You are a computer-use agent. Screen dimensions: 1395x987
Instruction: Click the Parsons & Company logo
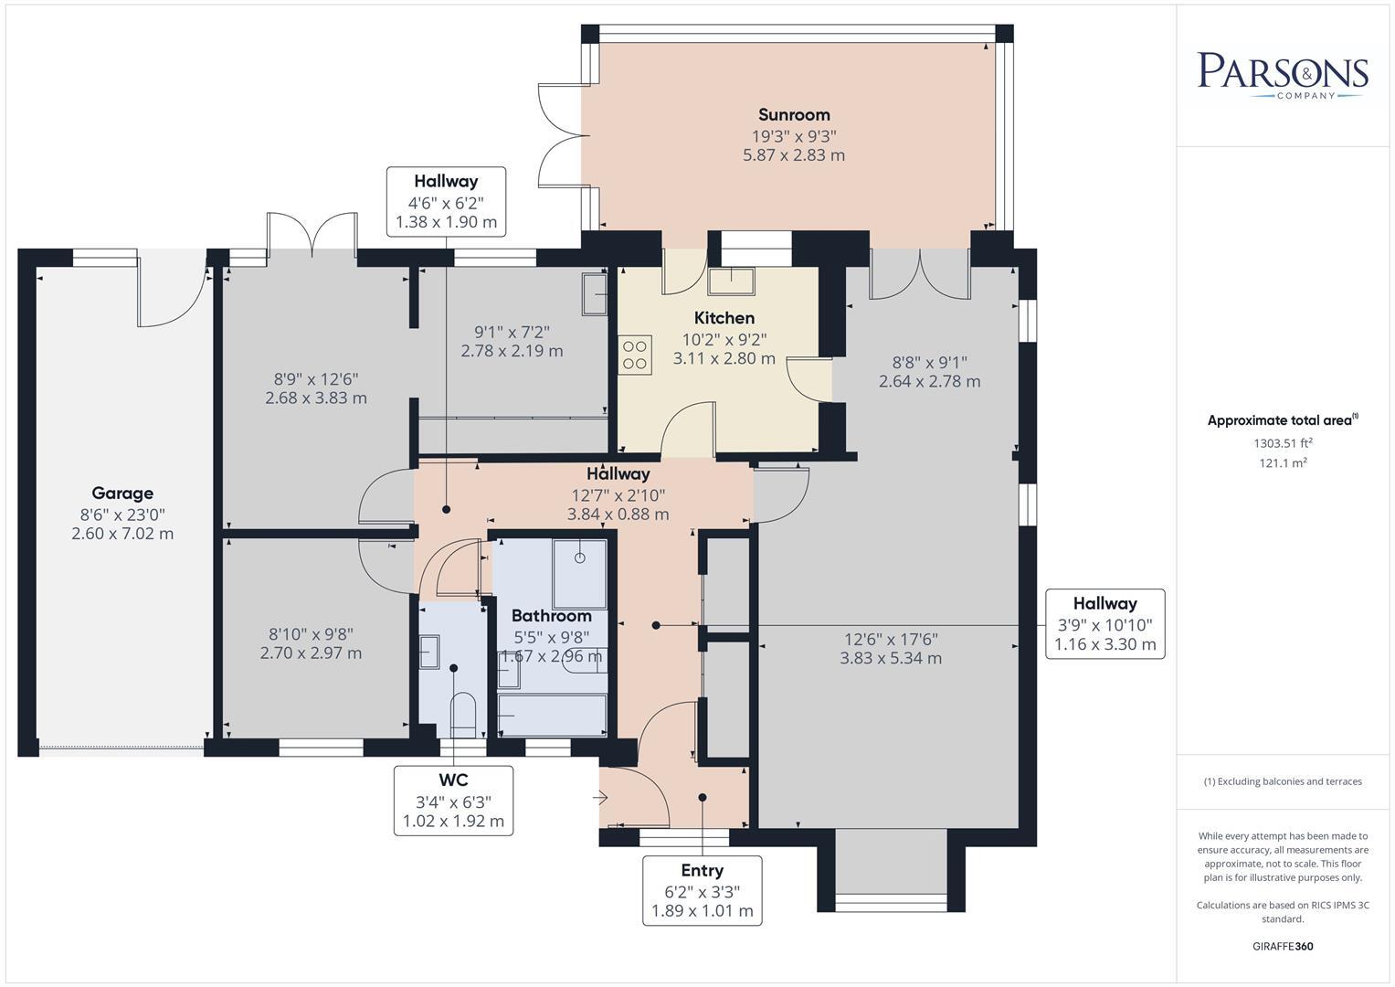(1283, 75)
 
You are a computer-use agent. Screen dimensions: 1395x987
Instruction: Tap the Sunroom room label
(794, 114)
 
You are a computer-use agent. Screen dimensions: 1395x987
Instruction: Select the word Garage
(122, 493)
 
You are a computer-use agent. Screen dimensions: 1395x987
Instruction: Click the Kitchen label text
(724, 318)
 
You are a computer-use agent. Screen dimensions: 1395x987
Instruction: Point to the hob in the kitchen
(635, 356)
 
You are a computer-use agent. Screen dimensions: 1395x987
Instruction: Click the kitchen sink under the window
(731, 281)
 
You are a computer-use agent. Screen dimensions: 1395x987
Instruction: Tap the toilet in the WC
(463, 715)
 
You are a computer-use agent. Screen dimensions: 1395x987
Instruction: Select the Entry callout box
(702, 890)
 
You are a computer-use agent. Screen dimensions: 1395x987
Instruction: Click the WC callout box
(453, 801)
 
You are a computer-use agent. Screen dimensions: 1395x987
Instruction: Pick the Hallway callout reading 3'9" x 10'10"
(1104, 623)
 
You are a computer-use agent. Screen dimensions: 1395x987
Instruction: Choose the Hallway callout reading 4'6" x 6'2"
(446, 202)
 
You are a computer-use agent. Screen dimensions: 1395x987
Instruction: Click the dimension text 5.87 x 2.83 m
(794, 155)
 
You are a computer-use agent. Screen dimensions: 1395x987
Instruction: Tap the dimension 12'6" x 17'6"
(891, 640)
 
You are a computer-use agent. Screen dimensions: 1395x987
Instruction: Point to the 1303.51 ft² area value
(1283, 443)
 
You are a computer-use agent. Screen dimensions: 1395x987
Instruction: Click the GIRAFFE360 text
(1283, 946)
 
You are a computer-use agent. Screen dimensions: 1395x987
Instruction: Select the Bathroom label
(552, 616)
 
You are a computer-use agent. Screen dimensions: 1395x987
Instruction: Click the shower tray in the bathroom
(580, 574)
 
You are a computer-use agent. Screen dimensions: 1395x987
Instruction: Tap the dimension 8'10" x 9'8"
(311, 634)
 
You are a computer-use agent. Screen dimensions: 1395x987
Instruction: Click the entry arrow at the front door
(600, 798)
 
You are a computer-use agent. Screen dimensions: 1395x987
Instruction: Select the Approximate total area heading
(1283, 420)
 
